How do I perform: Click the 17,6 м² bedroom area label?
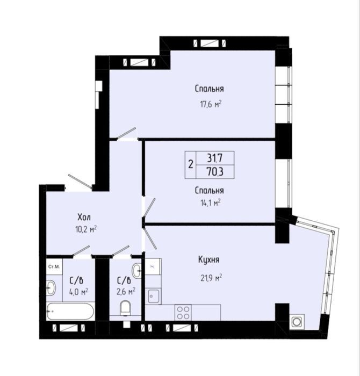tap(211, 105)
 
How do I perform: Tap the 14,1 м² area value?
tap(211, 203)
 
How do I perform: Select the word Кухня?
tap(209, 259)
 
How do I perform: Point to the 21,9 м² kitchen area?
tap(211, 278)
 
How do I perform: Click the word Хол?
tap(84, 217)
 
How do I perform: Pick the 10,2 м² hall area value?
tap(86, 229)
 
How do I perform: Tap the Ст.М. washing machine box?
tap(54, 266)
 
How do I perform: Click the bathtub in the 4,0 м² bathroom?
tap(70, 311)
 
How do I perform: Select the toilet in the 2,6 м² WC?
tap(125, 308)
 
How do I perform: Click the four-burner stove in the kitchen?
tap(183, 313)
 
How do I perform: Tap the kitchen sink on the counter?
tap(153, 297)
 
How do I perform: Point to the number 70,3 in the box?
tap(215, 172)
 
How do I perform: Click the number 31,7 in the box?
tap(215, 158)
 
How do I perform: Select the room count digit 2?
tap(191, 165)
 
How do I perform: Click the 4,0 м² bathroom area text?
tap(78, 292)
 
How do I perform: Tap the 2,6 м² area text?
tap(126, 292)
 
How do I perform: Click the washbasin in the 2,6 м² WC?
tap(137, 271)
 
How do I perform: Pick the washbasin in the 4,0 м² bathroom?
tap(51, 287)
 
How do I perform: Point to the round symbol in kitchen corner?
tap(297, 321)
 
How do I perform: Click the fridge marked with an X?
tap(153, 266)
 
